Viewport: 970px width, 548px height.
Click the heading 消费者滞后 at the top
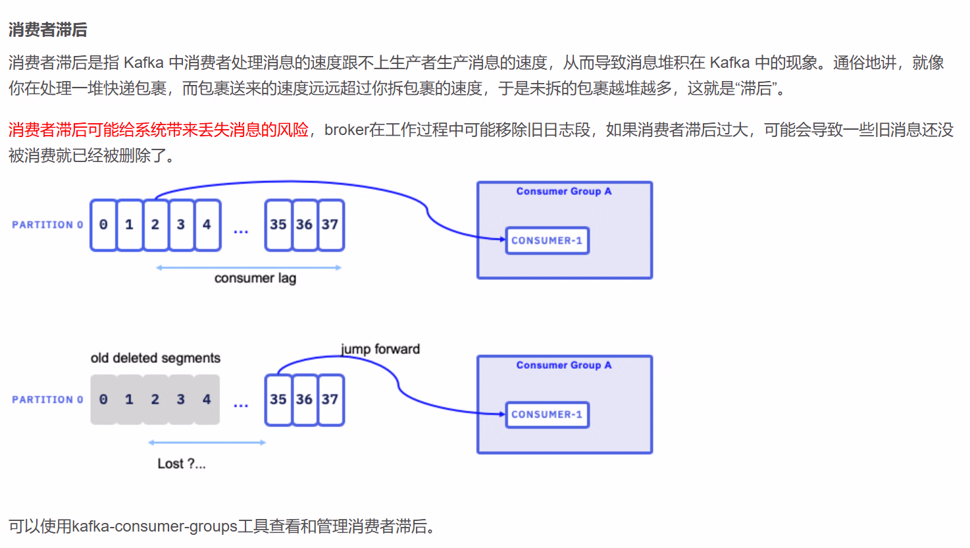pos(47,30)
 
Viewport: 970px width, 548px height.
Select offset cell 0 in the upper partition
pos(103,225)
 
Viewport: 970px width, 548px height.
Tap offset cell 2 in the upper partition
pos(155,225)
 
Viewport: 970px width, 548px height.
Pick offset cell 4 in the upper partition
pos(207,225)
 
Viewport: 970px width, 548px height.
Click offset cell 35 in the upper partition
pos(278,225)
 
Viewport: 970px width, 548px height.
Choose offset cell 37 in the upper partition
pos(330,225)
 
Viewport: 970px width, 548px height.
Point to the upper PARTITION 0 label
pos(47,225)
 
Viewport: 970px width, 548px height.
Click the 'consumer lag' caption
pos(255,278)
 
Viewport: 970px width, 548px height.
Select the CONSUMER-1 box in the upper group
pos(547,240)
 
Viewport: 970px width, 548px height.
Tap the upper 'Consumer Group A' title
pos(564,191)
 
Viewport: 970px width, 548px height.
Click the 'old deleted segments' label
pos(155,358)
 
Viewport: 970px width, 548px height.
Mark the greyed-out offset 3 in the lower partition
pos(181,399)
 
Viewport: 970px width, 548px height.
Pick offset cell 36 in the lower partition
pos(304,399)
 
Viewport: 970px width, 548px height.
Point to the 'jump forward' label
pos(380,349)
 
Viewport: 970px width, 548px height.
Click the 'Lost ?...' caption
pos(182,464)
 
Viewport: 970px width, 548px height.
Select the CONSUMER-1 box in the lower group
pos(547,414)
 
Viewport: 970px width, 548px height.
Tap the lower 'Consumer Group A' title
pos(564,365)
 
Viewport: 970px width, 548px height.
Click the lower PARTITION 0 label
pos(47,399)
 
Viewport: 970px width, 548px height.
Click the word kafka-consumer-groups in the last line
pos(154,526)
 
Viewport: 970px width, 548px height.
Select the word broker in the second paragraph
pos(347,130)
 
